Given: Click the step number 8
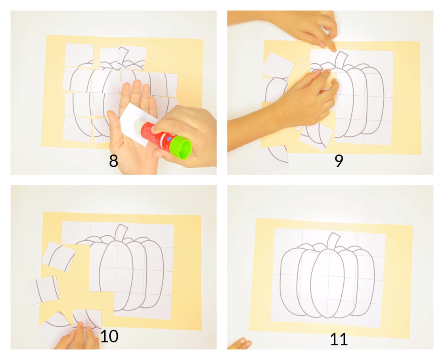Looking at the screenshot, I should [x=113, y=161].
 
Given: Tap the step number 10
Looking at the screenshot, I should [x=109, y=336].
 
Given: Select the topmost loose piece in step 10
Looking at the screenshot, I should [x=59, y=256].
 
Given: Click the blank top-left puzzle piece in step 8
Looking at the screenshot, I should [x=79, y=54].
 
